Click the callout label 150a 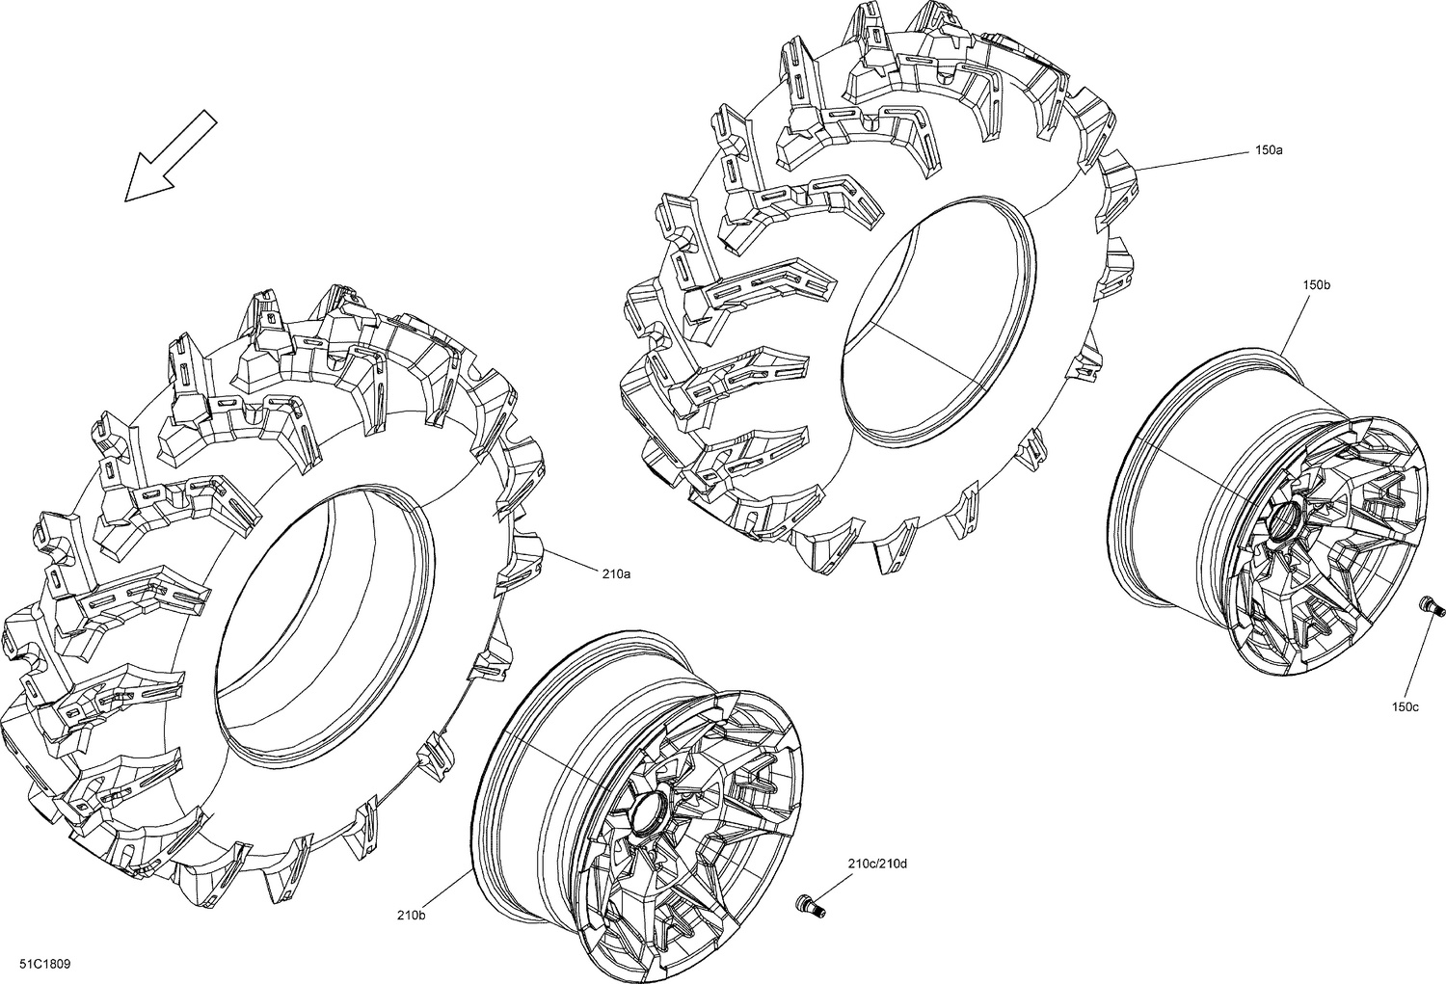tap(1269, 150)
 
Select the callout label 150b tap(1316, 284)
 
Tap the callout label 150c tap(1405, 707)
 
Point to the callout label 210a tap(616, 573)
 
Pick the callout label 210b tap(412, 915)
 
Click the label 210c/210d tap(877, 864)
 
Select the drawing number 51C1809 tap(44, 965)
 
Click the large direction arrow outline tap(171, 155)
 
